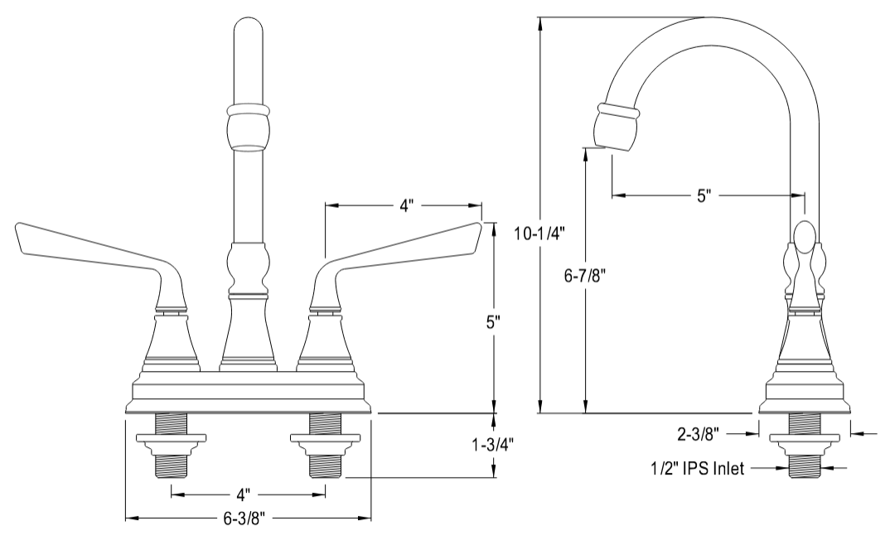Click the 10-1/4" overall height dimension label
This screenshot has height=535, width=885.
pos(539,234)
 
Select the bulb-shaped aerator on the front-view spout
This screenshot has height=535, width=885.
pos(249,128)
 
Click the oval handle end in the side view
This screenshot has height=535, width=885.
pos(805,238)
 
